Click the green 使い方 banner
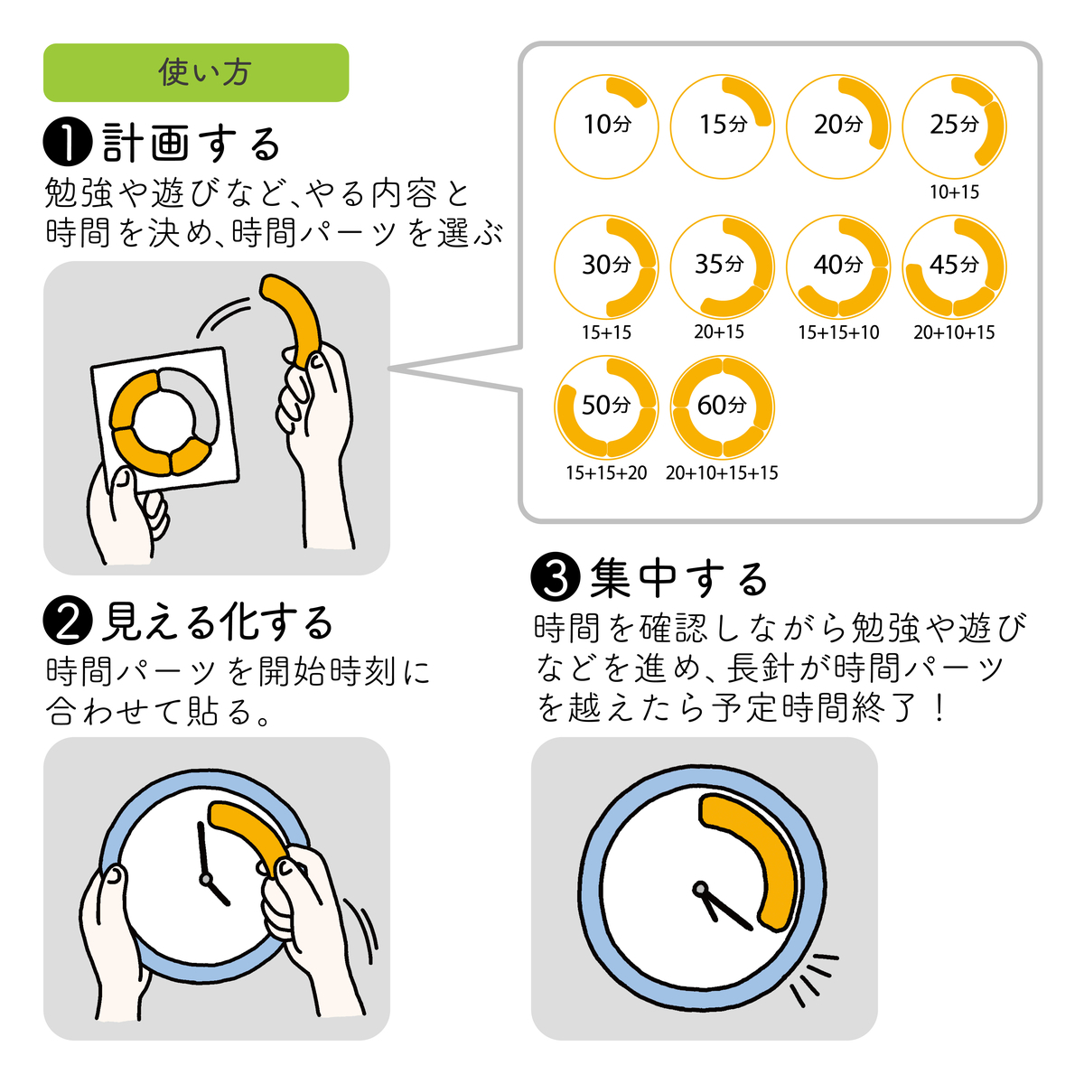196,72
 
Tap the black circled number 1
68,143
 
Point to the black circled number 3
556,576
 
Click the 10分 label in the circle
607,125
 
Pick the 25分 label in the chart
954,125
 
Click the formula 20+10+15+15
722,473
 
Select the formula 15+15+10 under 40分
838,332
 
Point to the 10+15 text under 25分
954,192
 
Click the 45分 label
954,265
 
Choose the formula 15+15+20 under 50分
606,473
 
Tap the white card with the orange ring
165,420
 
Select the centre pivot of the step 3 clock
700,890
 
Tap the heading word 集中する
679,578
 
